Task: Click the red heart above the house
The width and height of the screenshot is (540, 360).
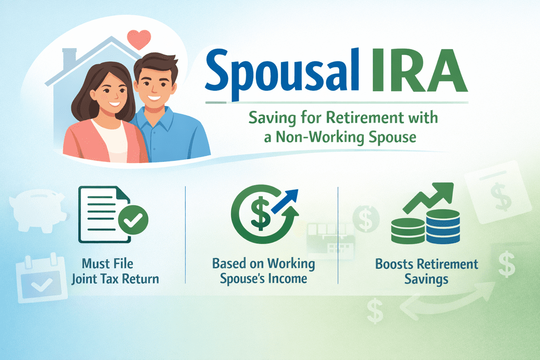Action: (x=139, y=39)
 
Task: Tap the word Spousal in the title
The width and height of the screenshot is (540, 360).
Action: (x=282, y=74)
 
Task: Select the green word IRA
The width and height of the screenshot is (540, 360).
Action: (x=419, y=70)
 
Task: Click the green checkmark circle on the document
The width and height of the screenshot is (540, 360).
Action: (x=133, y=220)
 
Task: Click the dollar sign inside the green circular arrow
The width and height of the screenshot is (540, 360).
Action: (x=260, y=213)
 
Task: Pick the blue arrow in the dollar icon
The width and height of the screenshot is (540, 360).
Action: (x=285, y=201)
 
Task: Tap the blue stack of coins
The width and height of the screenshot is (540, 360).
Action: (x=443, y=227)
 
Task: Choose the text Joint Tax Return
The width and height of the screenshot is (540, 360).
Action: (x=116, y=279)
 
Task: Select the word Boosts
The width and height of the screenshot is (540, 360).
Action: (x=394, y=264)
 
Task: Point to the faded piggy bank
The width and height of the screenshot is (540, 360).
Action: (x=38, y=210)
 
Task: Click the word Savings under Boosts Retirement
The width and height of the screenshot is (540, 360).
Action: (x=427, y=279)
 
